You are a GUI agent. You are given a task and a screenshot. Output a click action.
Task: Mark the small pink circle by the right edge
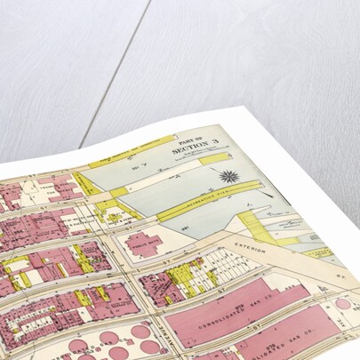click(x=343, y=304)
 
